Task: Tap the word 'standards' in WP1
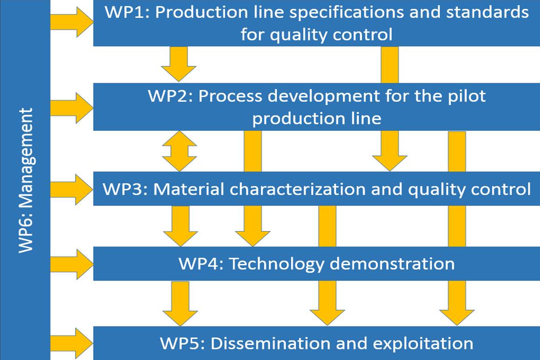487,12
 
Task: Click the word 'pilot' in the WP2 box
467,97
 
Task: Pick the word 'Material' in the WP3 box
189,189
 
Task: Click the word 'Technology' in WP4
277,265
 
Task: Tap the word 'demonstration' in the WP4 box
392,264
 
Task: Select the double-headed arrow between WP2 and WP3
179,151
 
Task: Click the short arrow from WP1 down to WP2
179,64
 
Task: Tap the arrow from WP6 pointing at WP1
71,22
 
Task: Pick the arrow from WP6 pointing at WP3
71,190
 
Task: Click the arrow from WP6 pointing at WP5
71,343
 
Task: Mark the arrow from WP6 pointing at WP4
71,264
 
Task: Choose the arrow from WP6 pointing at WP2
71,108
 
